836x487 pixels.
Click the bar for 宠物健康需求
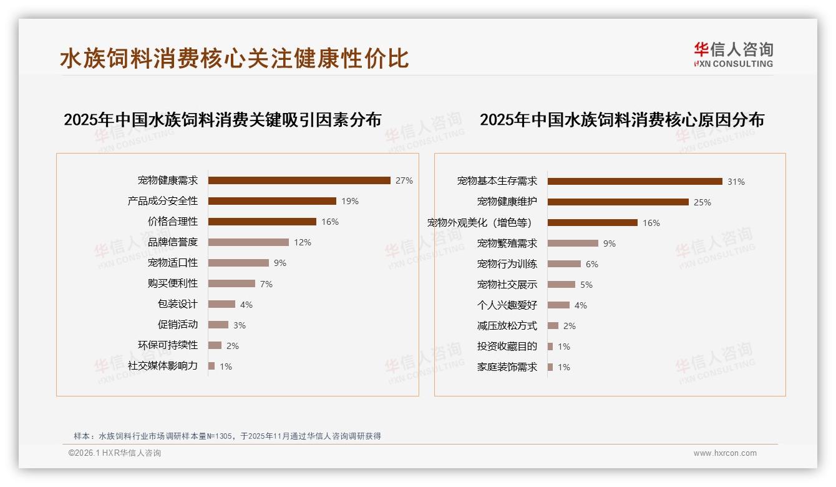(x=299, y=180)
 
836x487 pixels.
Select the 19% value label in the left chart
(x=349, y=201)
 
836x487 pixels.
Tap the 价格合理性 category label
(x=172, y=222)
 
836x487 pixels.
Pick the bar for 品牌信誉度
(x=248, y=242)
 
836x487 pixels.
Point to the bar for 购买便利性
(x=231, y=283)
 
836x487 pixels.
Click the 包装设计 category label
(x=177, y=304)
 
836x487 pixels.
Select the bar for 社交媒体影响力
(x=211, y=366)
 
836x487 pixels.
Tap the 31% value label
(x=736, y=182)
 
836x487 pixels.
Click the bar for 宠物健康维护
(x=618, y=202)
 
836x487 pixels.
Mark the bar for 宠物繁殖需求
(x=573, y=243)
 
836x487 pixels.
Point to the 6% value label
(x=591, y=264)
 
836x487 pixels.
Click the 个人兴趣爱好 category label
(x=507, y=305)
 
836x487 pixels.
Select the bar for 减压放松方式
(x=553, y=326)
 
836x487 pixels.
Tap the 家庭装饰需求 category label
(x=507, y=367)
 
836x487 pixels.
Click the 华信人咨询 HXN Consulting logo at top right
(x=733, y=55)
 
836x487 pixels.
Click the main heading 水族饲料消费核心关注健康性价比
(x=234, y=58)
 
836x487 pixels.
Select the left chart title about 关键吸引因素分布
(x=222, y=120)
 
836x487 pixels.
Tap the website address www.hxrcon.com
(x=725, y=453)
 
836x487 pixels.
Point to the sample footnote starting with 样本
(x=227, y=436)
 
